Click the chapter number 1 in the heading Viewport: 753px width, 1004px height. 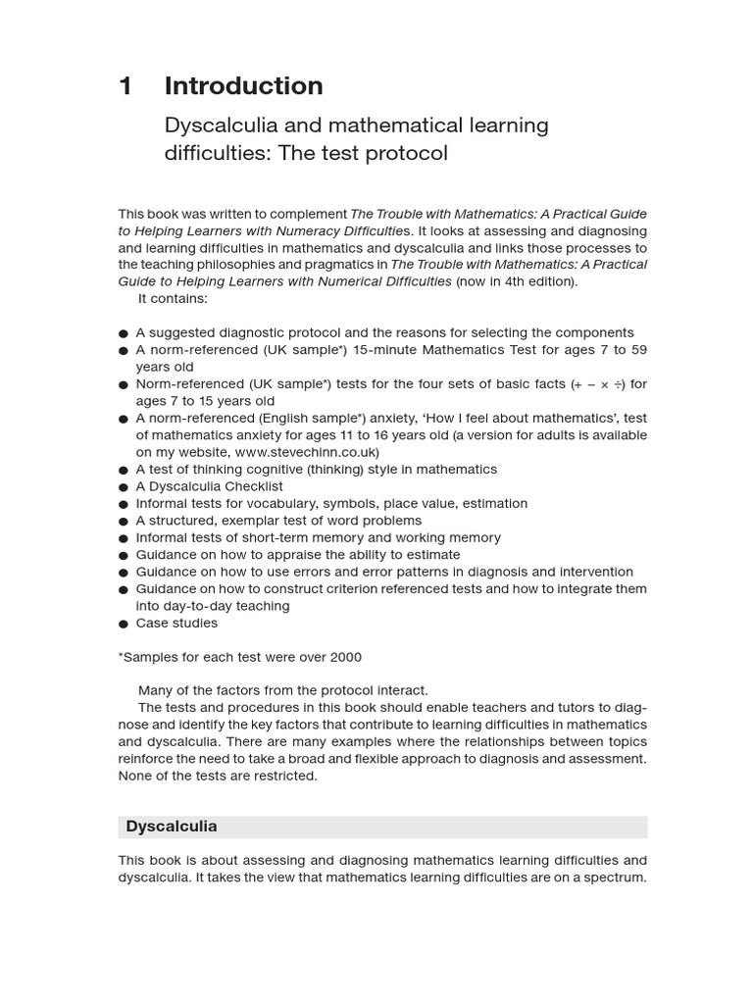(x=125, y=86)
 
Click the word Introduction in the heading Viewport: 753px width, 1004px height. (x=243, y=86)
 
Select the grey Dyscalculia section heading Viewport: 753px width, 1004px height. (x=382, y=827)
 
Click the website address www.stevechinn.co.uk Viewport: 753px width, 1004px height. (x=306, y=452)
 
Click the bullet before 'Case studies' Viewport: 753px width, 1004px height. (x=124, y=625)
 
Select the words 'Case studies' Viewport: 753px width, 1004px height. (x=176, y=623)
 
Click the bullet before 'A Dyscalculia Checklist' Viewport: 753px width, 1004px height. (x=124, y=487)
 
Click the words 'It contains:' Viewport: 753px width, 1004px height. (x=173, y=298)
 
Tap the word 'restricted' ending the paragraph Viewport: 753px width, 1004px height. (x=283, y=776)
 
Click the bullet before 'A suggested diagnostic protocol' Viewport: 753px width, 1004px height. (x=124, y=333)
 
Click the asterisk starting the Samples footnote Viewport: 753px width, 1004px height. (x=122, y=656)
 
